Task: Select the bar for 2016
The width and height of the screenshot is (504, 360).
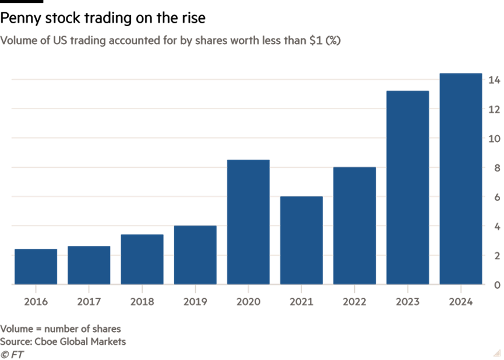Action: point(36,267)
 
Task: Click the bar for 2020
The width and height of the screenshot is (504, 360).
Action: point(248,222)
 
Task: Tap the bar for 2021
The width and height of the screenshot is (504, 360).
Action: point(301,240)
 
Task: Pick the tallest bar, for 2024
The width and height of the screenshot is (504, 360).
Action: point(461,179)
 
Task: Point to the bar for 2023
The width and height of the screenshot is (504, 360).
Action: point(407,188)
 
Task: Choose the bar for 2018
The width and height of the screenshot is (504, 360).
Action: point(142,259)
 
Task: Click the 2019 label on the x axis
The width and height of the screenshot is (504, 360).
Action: point(195,302)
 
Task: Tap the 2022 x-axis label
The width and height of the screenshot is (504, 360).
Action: point(354,302)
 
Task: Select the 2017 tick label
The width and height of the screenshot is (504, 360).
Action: point(89,302)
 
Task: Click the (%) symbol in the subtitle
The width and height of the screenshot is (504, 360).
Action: point(333,41)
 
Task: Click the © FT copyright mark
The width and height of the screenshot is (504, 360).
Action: point(12,354)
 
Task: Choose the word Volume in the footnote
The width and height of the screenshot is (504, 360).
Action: point(17,329)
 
